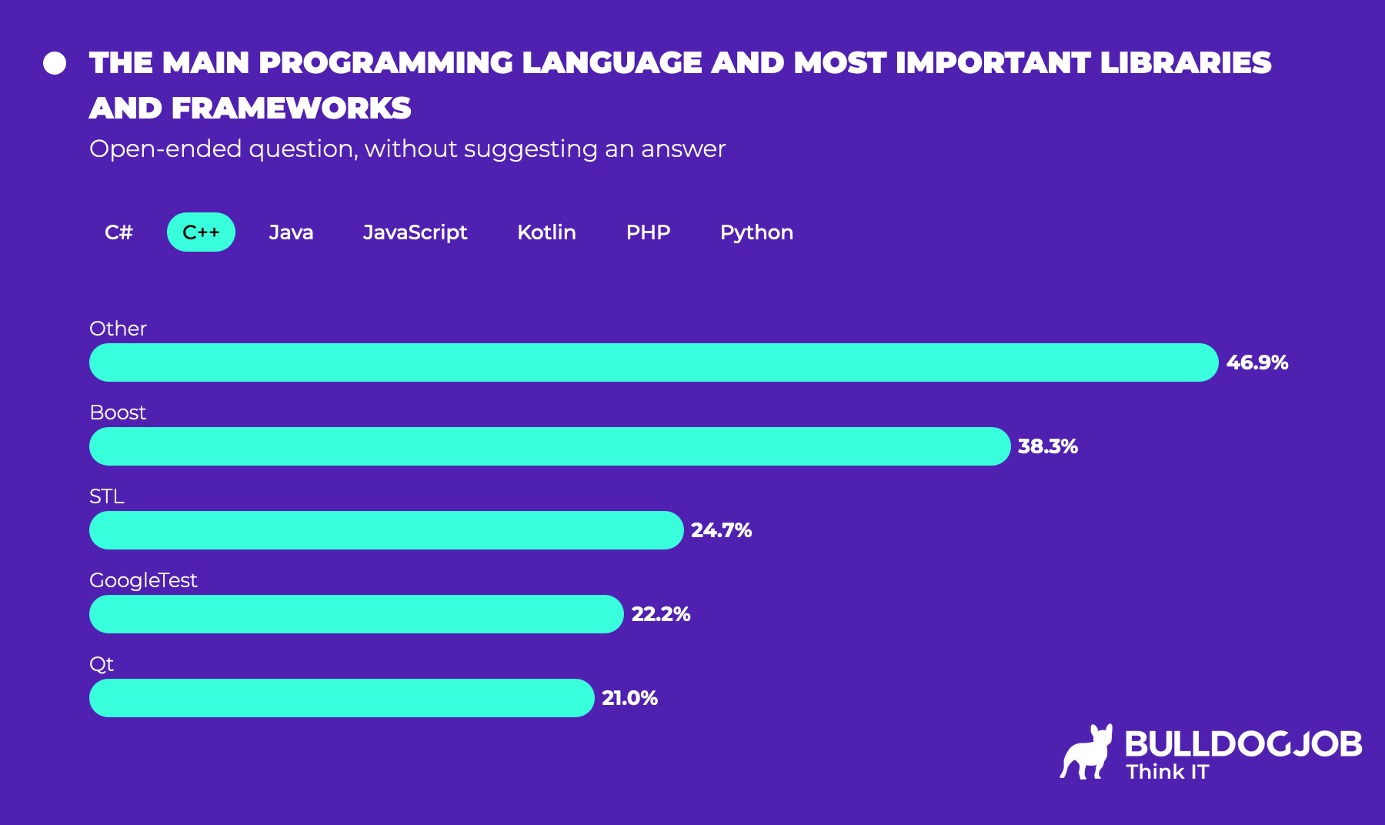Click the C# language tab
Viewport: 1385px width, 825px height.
coord(118,232)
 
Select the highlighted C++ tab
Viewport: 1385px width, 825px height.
coord(201,232)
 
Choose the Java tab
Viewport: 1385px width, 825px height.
coord(291,232)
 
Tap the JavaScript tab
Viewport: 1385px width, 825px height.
coord(415,232)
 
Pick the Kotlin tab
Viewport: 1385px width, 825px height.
coord(546,232)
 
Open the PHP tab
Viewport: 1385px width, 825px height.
coord(648,232)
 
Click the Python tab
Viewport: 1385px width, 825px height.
coord(756,232)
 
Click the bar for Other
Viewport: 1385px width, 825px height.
coord(653,362)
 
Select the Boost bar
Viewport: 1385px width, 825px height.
coord(549,446)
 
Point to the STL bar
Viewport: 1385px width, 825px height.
coord(386,530)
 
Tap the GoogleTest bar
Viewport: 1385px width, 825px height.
coord(356,614)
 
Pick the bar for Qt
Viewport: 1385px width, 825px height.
coord(342,698)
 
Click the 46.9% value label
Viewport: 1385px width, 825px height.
coord(1257,362)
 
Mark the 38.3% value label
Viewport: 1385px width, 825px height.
coord(1047,446)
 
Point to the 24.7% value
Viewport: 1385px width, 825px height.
coord(721,530)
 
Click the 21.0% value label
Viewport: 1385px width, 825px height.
coord(629,698)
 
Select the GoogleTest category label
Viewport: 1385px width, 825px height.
coord(143,580)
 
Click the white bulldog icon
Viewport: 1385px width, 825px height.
coord(1087,752)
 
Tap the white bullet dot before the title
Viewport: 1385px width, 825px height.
coord(55,63)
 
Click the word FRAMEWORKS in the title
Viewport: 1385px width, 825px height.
coord(291,109)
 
